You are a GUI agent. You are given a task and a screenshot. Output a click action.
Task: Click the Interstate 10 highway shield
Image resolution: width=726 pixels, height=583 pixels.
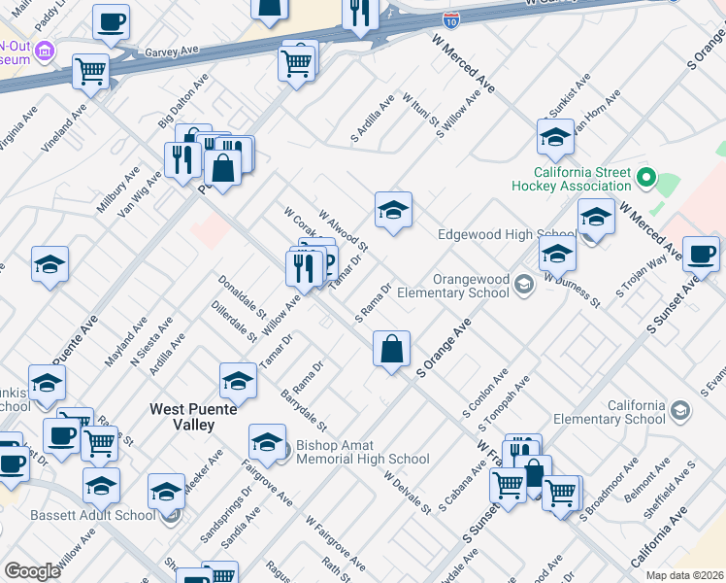[x=451, y=19]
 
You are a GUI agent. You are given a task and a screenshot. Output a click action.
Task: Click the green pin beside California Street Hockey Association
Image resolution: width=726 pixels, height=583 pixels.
[x=644, y=179]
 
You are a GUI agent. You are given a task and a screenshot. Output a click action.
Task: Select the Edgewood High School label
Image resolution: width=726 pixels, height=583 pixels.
[x=506, y=234]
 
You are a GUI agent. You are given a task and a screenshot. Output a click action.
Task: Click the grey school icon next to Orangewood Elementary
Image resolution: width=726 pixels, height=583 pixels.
[x=524, y=284]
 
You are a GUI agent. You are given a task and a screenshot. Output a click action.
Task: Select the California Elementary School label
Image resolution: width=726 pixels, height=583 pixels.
[x=609, y=412]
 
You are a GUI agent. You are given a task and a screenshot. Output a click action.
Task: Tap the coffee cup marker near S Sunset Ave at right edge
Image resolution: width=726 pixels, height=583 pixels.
[x=701, y=255]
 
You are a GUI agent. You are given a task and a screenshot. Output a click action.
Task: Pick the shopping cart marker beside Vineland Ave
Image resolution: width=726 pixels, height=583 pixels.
[x=90, y=70]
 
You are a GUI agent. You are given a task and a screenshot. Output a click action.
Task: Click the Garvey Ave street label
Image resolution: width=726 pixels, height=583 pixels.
[x=170, y=51]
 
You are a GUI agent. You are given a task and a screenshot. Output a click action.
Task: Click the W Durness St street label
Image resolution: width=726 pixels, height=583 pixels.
[x=572, y=290]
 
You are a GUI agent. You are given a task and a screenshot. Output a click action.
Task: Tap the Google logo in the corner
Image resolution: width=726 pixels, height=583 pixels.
[x=32, y=571]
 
